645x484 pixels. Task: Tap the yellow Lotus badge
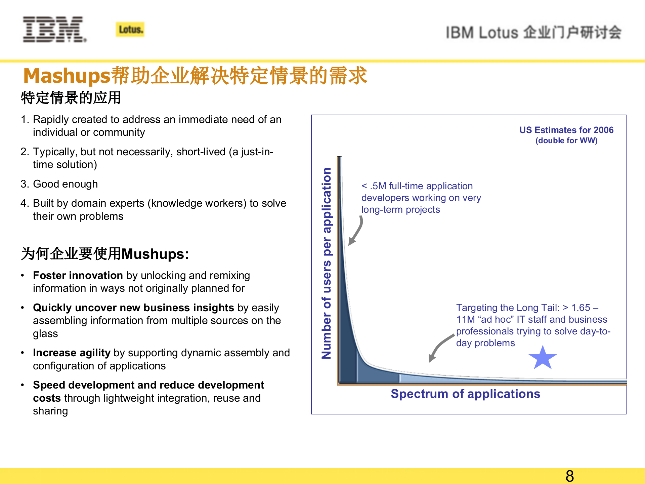pyautogui.click(x=130, y=30)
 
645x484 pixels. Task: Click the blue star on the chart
pyautogui.click(x=543, y=358)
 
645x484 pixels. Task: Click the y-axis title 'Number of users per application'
pyautogui.click(x=327, y=264)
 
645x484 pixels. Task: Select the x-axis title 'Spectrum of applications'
pyautogui.click(x=465, y=394)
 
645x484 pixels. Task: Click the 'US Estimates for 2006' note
pyautogui.click(x=566, y=130)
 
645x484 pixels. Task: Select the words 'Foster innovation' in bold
pyautogui.click(x=78, y=275)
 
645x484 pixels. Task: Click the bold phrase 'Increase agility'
pyautogui.click(x=72, y=353)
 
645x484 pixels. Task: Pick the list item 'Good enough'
pyautogui.click(x=65, y=184)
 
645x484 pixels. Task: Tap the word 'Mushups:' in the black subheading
pyautogui.click(x=155, y=254)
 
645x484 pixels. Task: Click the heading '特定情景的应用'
pyautogui.click(x=71, y=98)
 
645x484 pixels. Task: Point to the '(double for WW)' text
pyautogui.click(x=566, y=140)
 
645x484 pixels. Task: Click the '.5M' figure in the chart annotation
pyautogui.click(x=378, y=186)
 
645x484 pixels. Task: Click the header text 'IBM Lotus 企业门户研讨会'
pyautogui.click(x=533, y=33)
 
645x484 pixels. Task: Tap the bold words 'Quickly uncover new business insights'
pyautogui.click(x=133, y=308)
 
